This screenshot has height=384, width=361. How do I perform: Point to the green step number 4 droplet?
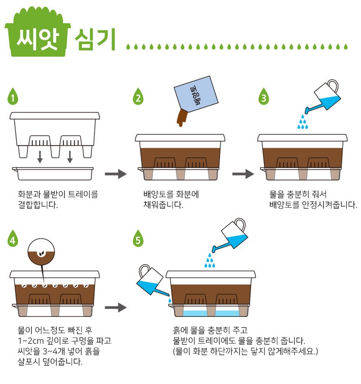[x=13, y=239]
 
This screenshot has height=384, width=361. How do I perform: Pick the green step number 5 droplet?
[x=138, y=239]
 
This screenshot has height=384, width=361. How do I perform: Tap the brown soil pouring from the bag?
[x=182, y=118]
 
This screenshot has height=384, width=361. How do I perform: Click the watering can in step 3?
[x=323, y=96]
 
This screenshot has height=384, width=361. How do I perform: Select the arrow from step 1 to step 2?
[x=116, y=174]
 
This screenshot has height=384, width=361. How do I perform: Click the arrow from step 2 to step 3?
[x=243, y=174]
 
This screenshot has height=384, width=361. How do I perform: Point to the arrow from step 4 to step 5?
[x=116, y=308]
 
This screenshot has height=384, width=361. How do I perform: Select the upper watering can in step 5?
[x=230, y=235]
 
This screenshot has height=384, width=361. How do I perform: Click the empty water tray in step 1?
[x=53, y=174]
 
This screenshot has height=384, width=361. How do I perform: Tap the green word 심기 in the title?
[x=95, y=39]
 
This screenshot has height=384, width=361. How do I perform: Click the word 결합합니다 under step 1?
[x=38, y=205]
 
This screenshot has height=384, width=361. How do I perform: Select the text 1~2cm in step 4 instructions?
[x=31, y=340]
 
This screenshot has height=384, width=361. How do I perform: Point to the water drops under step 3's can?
[x=303, y=122]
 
